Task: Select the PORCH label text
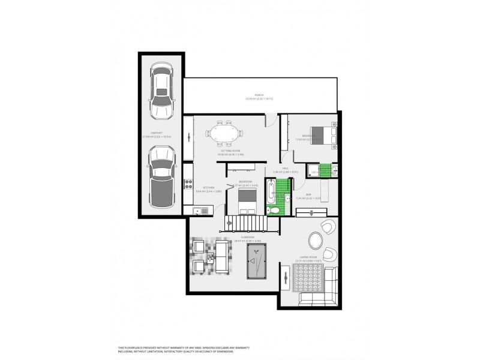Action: point(259,95)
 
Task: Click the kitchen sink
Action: point(200,209)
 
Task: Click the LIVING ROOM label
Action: point(308,257)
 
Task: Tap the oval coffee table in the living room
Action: point(316,239)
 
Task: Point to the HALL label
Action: point(286,169)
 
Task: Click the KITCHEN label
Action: point(209,188)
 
